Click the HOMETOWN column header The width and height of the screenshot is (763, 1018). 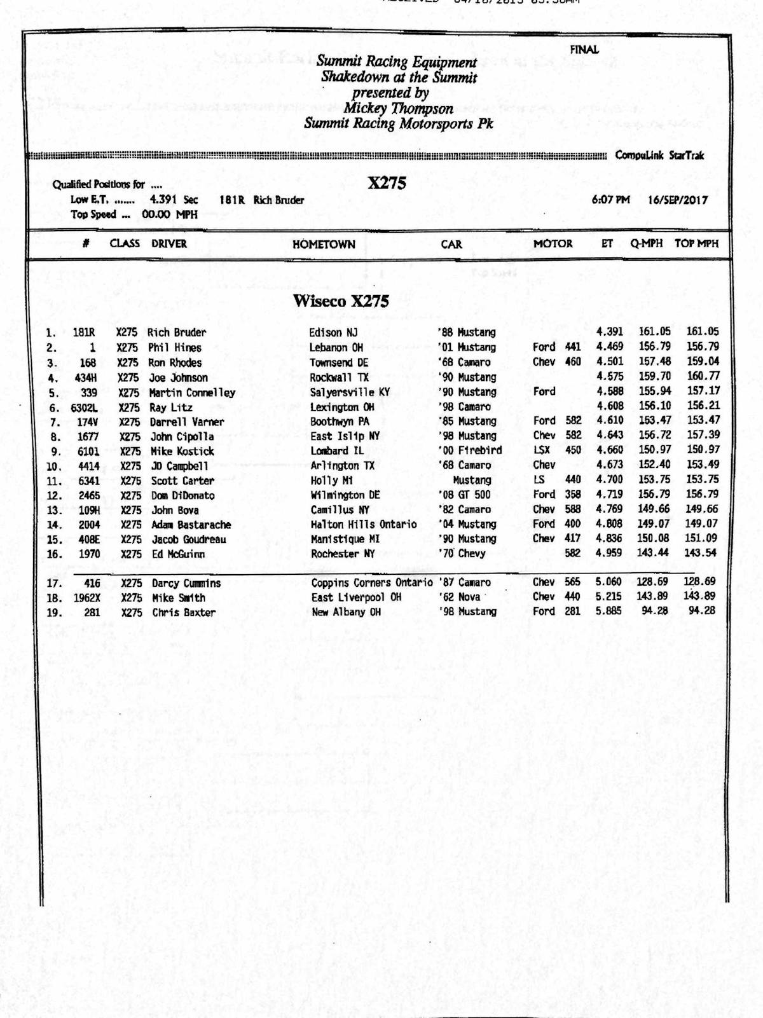(324, 244)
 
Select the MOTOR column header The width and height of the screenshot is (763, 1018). (553, 244)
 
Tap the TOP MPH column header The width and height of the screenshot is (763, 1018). (696, 244)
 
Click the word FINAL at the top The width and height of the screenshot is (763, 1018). (584, 50)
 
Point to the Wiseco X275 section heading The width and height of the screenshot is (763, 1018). (340, 301)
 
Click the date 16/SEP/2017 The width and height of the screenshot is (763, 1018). (678, 200)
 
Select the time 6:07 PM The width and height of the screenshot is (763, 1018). (610, 200)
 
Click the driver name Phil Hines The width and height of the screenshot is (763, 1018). (174, 348)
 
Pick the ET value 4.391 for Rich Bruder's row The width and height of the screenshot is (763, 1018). (609, 331)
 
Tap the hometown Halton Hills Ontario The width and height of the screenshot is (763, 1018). (364, 525)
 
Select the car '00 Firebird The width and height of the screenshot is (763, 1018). (470, 450)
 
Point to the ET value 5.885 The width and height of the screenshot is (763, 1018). (609, 611)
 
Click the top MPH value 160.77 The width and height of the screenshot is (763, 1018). (703, 376)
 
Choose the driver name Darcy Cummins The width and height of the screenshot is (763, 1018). (186, 583)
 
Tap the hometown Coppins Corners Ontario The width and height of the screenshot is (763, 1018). (372, 582)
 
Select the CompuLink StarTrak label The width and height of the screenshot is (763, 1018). (659, 156)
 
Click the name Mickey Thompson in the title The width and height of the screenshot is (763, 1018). (398, 108)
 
